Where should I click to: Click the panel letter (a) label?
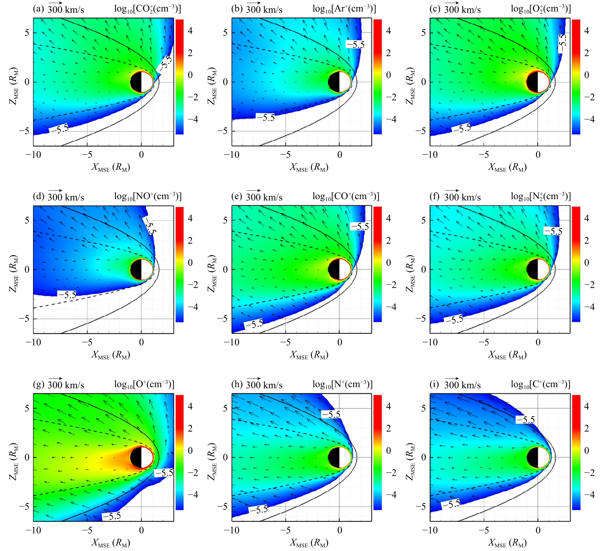coord(38,9)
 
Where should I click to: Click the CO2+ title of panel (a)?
coord(147,9)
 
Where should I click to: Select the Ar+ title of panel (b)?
coord(344,9)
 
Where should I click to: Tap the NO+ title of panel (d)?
coord(148,197)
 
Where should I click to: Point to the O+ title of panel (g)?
coord(144,384)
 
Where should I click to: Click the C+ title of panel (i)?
coord(540,384)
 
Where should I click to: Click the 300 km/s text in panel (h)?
coord(264,385)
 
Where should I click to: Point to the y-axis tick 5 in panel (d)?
coord(27,220)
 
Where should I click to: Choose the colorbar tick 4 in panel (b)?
coord(388,31)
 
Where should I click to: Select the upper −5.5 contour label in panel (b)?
coord(355,45)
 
